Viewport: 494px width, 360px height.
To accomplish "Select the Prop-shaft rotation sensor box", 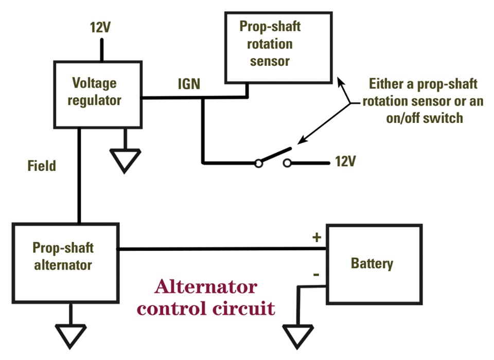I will pyautogui.click(x=278, y=47).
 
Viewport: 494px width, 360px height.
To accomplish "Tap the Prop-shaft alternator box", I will pyautogui.click(x=65, y=262).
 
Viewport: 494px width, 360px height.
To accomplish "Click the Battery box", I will pyautogui.click(x=374, y=263).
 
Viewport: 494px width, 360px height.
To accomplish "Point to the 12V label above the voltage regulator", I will pyautogui.click(x=100, y=27).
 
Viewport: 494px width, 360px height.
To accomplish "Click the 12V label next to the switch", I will pyautogui.click(x=345, y=161).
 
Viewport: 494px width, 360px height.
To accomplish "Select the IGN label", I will pyautogui.click(x=189, y=84).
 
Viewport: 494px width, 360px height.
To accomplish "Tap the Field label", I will pyautogui.click(x=42, y=166).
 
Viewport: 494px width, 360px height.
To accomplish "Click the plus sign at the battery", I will pyautogui.click(x=316, y=238).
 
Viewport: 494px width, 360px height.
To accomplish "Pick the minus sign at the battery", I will pyautogui.click(x=316, y=275).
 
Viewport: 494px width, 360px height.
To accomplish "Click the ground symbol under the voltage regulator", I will pyautogui.click(x=126, y=159).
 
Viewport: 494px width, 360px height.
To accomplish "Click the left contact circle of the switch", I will pyautogui.click(x=259, y=164).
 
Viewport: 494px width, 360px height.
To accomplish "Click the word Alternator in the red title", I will pyautogui.click(x=206, y=287).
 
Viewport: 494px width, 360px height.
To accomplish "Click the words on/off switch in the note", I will pyautogui.click(x=425, y=118).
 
